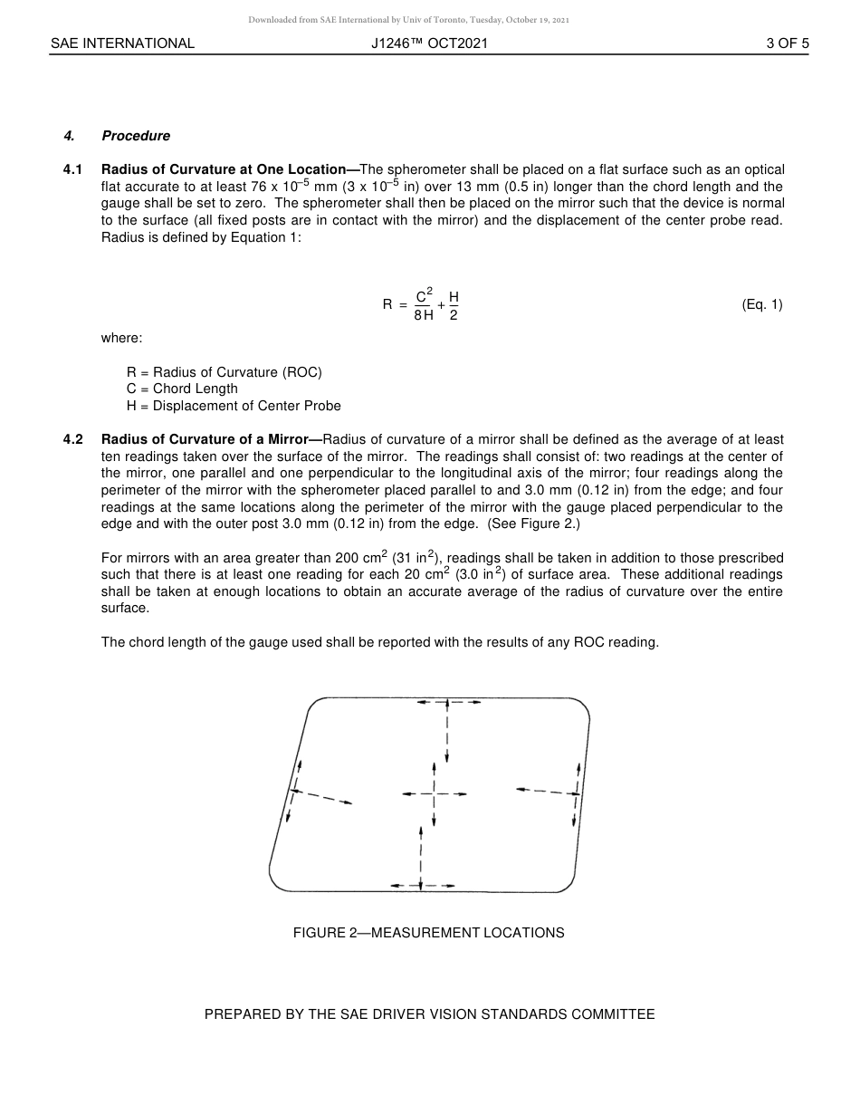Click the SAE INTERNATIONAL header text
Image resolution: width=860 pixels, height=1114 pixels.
[122, 43]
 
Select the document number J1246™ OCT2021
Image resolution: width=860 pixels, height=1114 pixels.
[429, 43]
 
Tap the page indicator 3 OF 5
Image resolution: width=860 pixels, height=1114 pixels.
[787, 43]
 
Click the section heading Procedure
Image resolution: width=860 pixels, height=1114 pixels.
[136, 136]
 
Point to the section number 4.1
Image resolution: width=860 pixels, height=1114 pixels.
[73, 169]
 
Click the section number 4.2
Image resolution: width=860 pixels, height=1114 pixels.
[73, 439]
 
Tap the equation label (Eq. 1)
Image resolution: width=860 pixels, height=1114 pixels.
[761, 304]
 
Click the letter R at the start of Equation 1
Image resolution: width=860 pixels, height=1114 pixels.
[387, 305]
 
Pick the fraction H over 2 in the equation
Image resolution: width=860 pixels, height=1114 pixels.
[454, 305]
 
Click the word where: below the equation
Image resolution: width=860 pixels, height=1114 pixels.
[121, 338]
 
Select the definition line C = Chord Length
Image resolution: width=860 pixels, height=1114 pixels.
[182, 389]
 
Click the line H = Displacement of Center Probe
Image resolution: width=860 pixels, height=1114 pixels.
[234, 406]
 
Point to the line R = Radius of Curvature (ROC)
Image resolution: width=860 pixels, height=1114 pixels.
[224, 372]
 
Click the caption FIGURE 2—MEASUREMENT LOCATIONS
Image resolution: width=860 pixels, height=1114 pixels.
[428, 933]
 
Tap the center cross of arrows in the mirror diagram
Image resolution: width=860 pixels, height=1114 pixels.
[435, 794]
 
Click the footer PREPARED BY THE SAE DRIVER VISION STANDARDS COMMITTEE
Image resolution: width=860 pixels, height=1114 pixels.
[429, 1014]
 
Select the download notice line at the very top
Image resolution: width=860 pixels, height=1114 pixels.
[408, 20]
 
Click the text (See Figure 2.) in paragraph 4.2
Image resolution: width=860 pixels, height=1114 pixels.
[534, 524]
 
